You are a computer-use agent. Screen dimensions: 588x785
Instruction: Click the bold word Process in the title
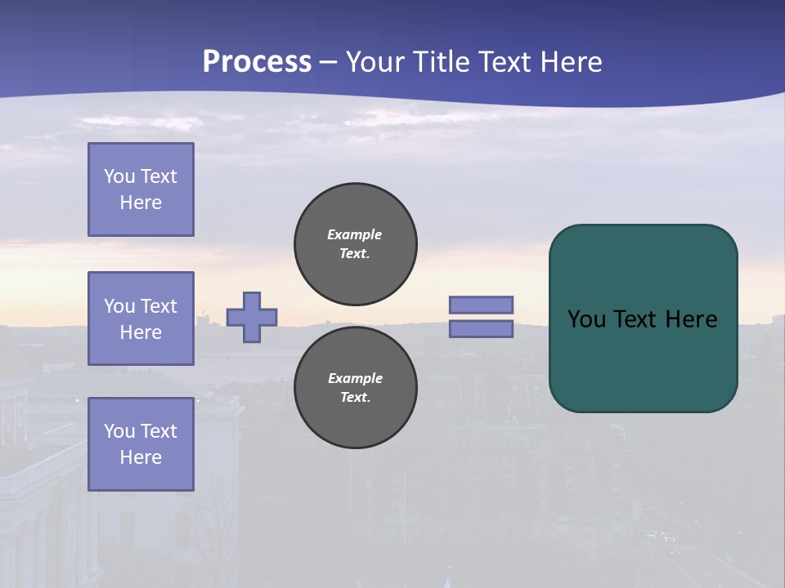coord(257,62)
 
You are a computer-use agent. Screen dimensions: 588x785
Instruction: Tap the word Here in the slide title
coord(570,62)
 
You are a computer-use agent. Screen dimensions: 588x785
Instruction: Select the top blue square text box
coord(141,189)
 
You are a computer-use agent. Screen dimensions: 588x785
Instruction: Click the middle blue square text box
coord(141,318)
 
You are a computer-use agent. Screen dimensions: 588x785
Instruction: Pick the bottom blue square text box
coord(141,444)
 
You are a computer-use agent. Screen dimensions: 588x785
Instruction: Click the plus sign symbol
coord(252,317)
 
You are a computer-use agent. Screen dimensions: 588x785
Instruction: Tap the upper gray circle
coord(355,244)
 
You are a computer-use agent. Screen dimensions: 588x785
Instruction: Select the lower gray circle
coord(355,388)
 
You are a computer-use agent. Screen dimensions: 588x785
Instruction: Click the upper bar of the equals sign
coord(481,305)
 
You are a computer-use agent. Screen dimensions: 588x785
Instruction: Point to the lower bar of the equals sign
coord(481,328)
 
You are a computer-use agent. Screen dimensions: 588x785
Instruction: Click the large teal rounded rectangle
coord(643,359)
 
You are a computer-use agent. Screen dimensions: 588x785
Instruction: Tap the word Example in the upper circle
coord(354,234)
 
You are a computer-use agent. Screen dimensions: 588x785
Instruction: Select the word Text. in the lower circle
coord(355,398)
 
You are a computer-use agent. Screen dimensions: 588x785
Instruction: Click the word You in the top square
coord(119,176)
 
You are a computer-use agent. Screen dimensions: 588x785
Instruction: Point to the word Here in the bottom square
coord(141,457)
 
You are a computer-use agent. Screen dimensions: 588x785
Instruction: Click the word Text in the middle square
coord(158,306)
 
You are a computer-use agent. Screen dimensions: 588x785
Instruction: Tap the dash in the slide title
coord(328,62)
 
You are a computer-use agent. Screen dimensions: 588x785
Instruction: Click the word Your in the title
coord(375,62)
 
